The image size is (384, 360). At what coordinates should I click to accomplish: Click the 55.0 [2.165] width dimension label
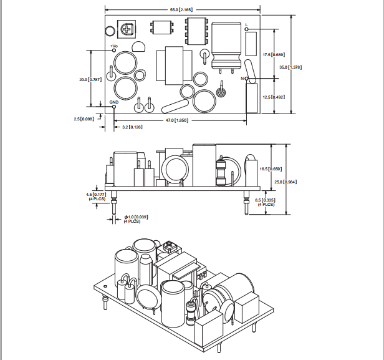point(181,10)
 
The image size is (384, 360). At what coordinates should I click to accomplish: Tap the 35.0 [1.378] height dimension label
point(290,67)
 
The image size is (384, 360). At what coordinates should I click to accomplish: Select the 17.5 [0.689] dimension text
point(274,55)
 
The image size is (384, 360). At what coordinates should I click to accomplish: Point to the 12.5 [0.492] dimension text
point(274,97)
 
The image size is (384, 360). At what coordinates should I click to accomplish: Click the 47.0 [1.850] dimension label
point(177,120)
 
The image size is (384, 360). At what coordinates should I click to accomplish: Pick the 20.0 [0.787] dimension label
point(90,80)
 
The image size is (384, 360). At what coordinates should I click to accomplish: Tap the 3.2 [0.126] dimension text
point(132,127)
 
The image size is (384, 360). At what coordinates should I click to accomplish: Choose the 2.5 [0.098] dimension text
point(84,119)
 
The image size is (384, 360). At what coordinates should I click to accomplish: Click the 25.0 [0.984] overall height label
point(286,182)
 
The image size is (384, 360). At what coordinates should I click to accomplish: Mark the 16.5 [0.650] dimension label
point(271,169)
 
